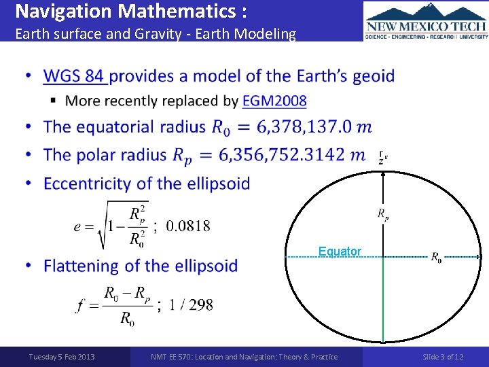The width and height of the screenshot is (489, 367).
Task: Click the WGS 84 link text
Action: (x=75, y=75)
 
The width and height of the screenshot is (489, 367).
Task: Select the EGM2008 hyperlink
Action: (x=274, y=101)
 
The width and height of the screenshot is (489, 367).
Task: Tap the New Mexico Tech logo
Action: (x=426, y=21)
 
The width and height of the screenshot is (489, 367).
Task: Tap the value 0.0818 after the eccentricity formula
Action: (x=188, y=226)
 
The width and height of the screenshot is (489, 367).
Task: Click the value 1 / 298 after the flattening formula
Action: (x=192, y=305)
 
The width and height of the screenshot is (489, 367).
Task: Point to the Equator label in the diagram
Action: (x=340, y=251)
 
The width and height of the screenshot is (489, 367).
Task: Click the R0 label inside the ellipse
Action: (x=435, y=257)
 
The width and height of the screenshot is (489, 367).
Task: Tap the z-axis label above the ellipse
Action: (x=383, y=158)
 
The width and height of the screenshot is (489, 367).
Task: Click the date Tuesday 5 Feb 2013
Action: (x=62, y=357)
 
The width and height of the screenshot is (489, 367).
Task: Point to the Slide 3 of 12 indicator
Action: (x=443, y=357)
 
